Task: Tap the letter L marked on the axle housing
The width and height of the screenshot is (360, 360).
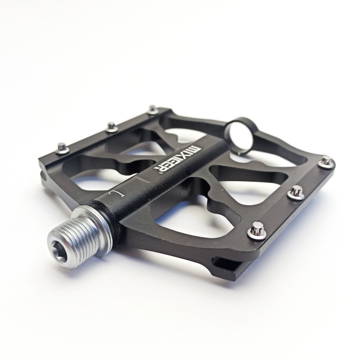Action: coord(116,193)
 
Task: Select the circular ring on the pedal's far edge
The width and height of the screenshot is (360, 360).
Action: coord(239,136)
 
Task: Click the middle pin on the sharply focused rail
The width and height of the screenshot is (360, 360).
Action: coord(296,193)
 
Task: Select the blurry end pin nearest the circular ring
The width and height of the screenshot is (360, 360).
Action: coord(152,109)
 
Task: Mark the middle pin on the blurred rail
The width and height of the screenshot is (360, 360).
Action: coord(112,127)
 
